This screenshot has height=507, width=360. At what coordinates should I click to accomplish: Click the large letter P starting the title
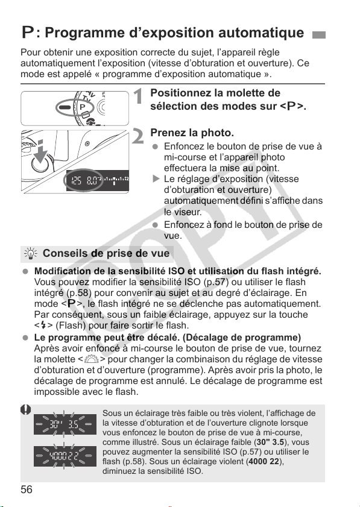click(28, 33)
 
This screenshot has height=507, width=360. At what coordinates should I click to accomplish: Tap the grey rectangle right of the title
click(318, 35)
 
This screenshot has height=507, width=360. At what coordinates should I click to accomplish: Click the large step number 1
click(139, 96)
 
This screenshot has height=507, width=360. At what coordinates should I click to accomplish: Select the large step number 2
click(138, 136)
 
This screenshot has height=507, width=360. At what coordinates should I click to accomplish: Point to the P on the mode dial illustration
click(83, 107)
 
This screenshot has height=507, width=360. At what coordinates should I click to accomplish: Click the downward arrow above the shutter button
click(40, 151)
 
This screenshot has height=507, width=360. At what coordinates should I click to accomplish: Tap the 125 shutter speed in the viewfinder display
click(77, 180)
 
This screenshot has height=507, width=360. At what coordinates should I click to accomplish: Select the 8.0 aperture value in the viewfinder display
click(92, 180)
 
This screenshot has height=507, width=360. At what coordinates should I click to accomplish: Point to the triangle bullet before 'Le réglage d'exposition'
click(156, 179)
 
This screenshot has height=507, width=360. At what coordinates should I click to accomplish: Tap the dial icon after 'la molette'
click(92, 359)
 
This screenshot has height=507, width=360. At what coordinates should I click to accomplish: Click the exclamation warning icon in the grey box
click(26, 410)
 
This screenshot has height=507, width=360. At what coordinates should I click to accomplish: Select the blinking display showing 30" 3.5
click(65, 424)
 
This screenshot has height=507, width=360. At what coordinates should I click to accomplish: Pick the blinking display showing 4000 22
click(65, 456)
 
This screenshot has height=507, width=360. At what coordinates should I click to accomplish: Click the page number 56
click(27, 490)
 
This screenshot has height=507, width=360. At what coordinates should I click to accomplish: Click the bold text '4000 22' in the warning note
click(264, 461)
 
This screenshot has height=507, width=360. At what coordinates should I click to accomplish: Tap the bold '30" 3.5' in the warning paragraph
click(270, 442)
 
